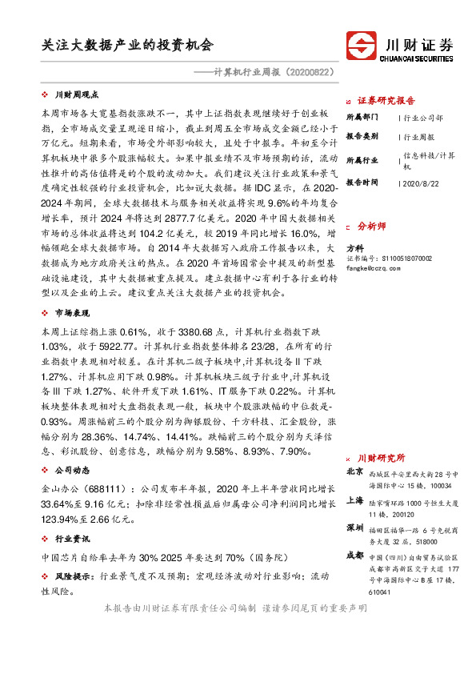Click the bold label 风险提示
point(74,576)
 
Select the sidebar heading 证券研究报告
point(386,101)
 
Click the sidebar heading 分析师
point(372,227)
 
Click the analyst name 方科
point(354,249)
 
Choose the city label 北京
point(355,473)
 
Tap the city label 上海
point(355,500)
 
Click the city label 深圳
point(355,528)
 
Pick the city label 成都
point(355,556)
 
